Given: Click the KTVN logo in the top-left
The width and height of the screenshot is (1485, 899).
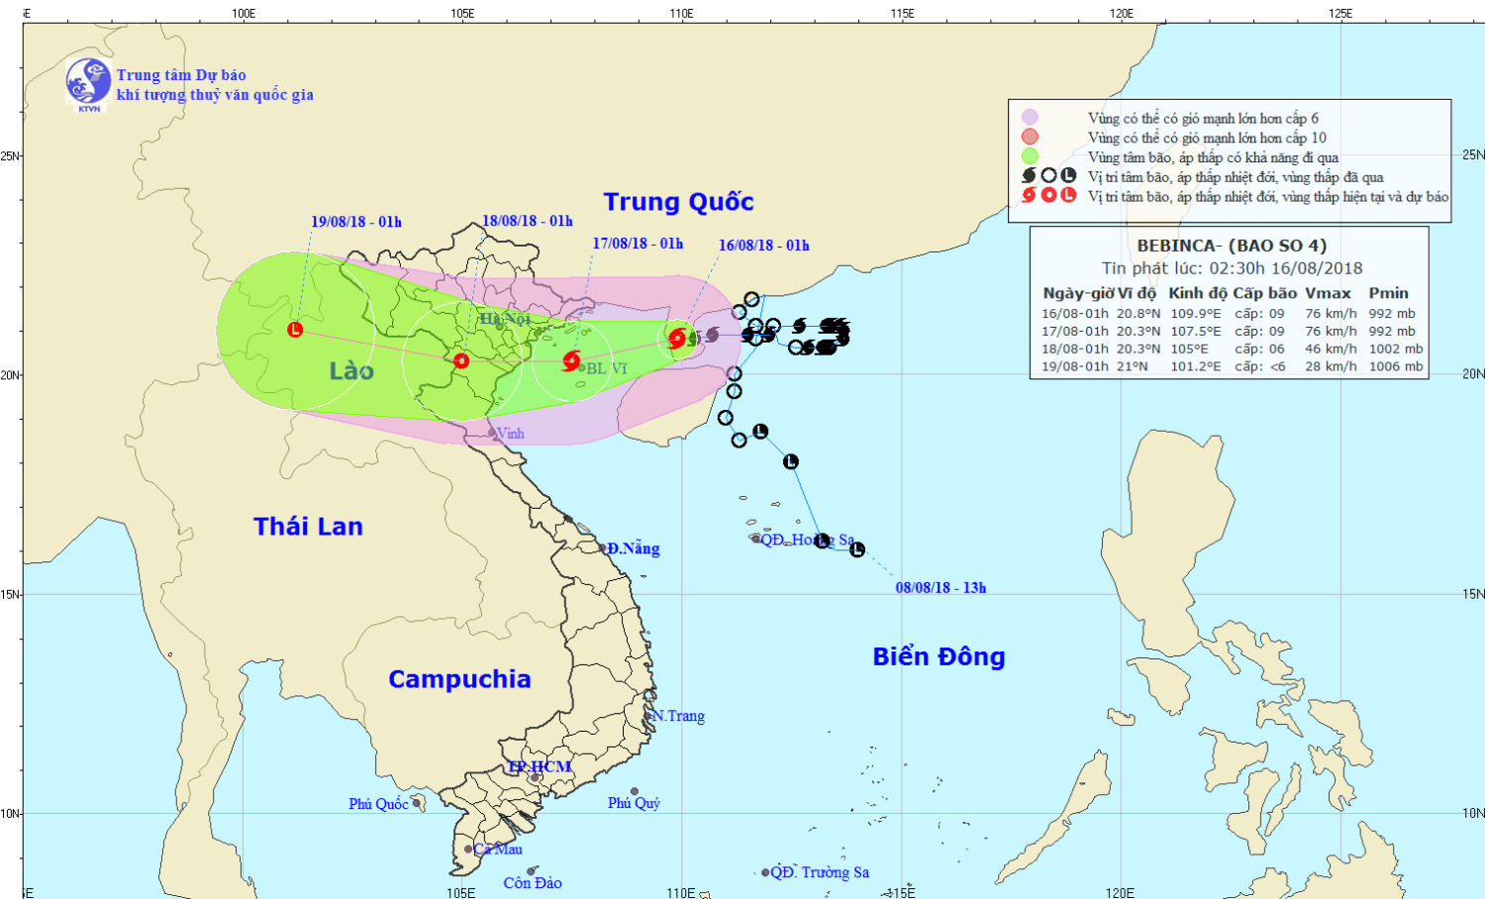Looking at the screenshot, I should pyautogui.click(x=88, y=82).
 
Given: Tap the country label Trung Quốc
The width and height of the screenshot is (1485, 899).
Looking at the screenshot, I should pyautogui.click(x=678, y=202).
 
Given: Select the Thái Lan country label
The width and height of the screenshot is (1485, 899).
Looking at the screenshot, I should pyautogui.click(x=308, y=527).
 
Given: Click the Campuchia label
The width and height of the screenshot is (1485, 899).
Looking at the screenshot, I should pyautogui.click(x=459, y=679).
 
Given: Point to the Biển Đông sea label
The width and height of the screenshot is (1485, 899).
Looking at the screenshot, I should pyautogui.click(x=939, y=656).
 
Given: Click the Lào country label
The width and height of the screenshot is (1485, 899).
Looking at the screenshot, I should pyautogui.click(x=351, y=371).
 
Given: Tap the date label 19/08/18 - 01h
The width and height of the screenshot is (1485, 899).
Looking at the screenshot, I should pyautogui.click(x=356, y=222).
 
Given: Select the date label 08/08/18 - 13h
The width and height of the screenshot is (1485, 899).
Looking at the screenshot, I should pyautogui.click(x=940, y=588).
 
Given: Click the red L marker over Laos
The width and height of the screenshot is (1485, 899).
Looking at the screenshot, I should pyautogui.click(x=295, y=330).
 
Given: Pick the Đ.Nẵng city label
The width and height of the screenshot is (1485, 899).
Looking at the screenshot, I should pyautogui.click(x=634, y=549).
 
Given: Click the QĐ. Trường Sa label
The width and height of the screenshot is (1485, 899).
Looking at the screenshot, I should pyautogui.click(x=820, y=872).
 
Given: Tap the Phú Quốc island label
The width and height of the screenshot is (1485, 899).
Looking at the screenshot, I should pyautogui.click(x=378, y=804).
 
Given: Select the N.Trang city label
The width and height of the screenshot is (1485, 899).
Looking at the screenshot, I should pyautogui.click(x=678, y=716).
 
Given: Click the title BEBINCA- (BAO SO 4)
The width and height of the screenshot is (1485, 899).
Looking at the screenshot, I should pyautogui.click(x=1232, y=246).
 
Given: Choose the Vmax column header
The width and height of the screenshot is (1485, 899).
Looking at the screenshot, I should pyautogui.click(x=1328, y=293).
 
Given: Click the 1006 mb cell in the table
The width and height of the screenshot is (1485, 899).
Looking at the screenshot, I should pyautogui.click(x=1396, y=366).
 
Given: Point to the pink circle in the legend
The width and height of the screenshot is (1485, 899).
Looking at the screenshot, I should pyautogui.click(x=1031, y=118).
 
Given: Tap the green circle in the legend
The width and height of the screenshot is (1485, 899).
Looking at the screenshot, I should pyautogui.click(x=1031, y=156).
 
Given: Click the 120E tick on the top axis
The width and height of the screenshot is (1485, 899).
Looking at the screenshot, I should pyautogui.click(x=1122, y=13).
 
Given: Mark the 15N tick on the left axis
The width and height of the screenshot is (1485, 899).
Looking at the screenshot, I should pyautogui.click(x=10, y=594).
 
